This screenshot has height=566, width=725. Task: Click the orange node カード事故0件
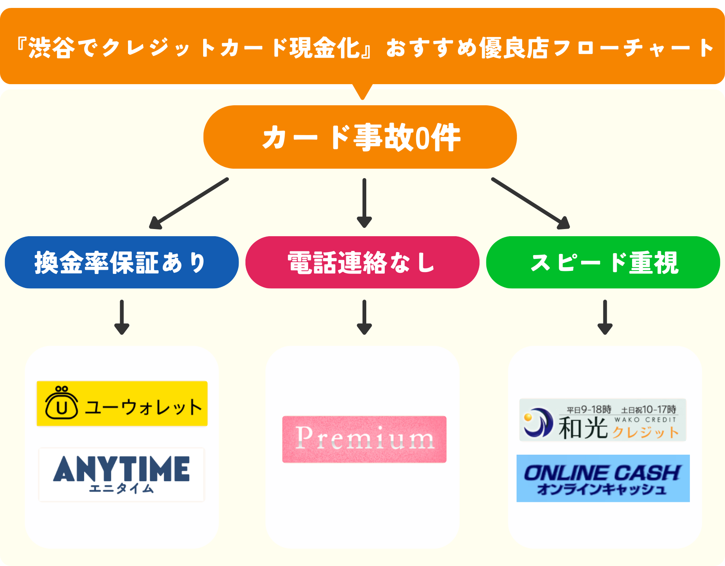tap(360, 137)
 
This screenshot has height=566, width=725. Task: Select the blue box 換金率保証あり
tap(122, 263)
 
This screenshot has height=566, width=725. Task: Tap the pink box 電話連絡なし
tap(362, 263)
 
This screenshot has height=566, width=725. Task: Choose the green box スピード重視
tap(603, 263)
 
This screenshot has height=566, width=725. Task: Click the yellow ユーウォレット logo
tap(122, 404)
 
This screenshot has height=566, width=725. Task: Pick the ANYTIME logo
tap(121, 474)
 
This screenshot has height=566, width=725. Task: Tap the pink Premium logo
tap(364, 439)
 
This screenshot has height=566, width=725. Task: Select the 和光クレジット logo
tap(603, 420)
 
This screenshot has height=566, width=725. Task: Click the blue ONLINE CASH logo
tap(603, 478)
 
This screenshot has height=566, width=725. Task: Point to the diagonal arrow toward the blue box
tap(189, 203)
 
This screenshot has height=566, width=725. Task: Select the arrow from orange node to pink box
tap(364, 203)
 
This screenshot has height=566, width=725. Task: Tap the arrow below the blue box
tap(122, 317)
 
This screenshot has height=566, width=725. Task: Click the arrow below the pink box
tap(364, 317)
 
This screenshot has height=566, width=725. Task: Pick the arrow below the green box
tap(605, 317)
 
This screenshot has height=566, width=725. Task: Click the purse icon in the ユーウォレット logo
tap(62, 403)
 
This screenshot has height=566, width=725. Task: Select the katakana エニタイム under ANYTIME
tap(121, 489)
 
